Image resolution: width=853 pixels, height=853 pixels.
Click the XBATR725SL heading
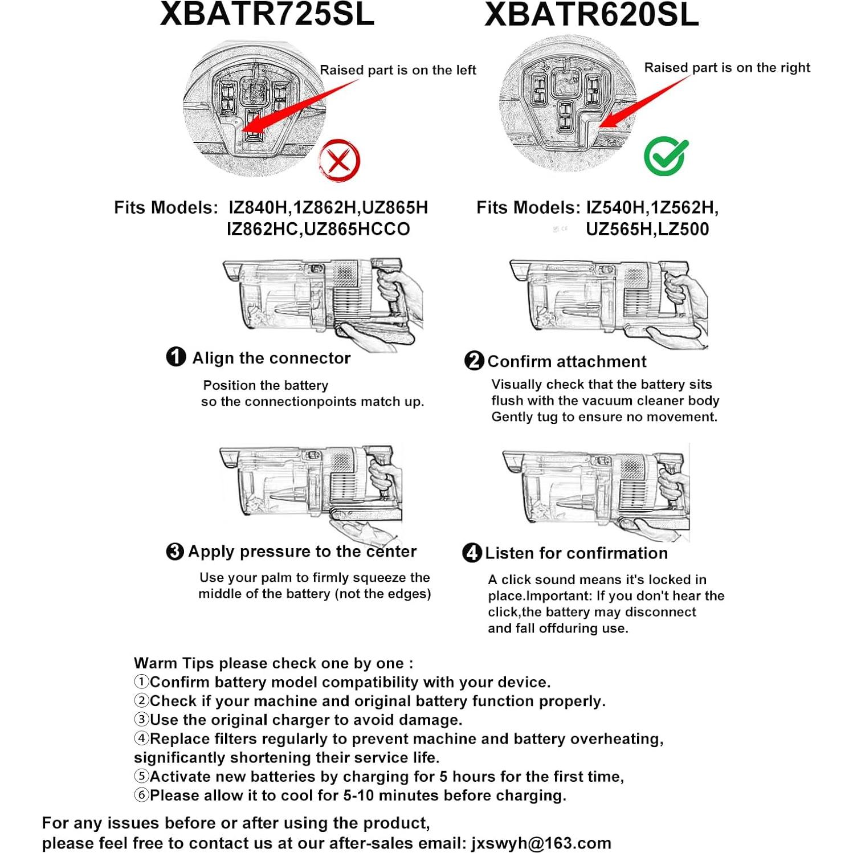click(x=267, y=14)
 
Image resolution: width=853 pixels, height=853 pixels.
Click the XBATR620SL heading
click(x=591, y=15)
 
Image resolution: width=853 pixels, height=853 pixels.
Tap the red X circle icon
click(x=339, y=161)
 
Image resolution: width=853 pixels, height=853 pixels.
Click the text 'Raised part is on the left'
click(x=397, y=70)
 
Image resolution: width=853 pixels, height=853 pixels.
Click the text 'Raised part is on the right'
click(x=727, y=68)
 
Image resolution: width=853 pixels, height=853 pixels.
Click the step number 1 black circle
click(x=176, y=357)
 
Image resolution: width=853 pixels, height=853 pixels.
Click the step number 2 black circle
click(x=474, y=361)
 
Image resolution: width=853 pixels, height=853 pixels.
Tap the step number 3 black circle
click(x=175, y=552)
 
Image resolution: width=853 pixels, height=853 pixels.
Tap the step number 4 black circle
click(x=472, y=553)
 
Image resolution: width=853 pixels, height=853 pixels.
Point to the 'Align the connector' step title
click(x=271, y=358)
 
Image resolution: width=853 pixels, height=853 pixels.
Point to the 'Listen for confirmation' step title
click(x=576, y=553)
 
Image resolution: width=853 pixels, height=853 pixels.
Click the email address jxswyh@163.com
click(x=541, y=843)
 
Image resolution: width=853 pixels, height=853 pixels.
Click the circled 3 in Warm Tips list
click(x=141, y=720)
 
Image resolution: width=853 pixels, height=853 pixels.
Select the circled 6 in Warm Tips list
click(x=141, y=795)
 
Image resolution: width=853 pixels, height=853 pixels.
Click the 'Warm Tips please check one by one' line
click(x=274, y=663)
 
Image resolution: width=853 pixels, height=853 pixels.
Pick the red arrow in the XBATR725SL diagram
click(x=296, y=108)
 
